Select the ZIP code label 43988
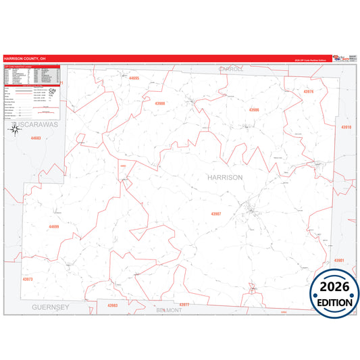click(x=160, y=103)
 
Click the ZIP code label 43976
click(x=309, y=91)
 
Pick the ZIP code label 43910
click(x=346, y=127)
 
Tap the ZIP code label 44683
click(x=36, y=138)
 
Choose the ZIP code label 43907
click(x=216, y=213)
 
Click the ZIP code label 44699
click(x=54, y=226)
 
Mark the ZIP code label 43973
click(x=28, y=278)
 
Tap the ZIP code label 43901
click(x=339, y=260)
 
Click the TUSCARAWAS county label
click(x=39, y=125)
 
